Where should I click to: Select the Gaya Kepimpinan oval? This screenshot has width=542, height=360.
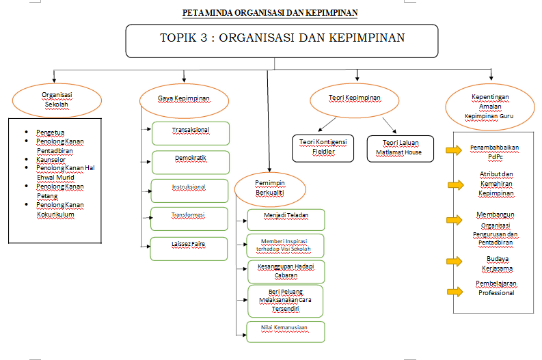[183, 99]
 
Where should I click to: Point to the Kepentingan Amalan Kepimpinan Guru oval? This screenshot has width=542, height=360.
[489, 106]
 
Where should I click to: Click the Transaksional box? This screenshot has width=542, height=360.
[189, 133]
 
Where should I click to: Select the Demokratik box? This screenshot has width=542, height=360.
[189, 162]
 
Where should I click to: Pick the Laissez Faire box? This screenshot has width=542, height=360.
[189, 248]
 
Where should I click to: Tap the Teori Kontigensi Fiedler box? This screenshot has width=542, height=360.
[323, 148]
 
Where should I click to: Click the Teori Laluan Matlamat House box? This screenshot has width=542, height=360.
[400, 148]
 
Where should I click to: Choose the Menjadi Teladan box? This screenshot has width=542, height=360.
[286, 219]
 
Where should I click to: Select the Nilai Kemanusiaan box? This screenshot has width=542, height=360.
[286, 331]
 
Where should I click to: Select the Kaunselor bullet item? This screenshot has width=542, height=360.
[52, 160]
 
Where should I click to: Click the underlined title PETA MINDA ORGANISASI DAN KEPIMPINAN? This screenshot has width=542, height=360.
[270, 13]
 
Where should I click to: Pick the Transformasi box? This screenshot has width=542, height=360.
[189, 219]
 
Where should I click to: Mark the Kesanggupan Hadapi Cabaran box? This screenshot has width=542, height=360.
[286, 271]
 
